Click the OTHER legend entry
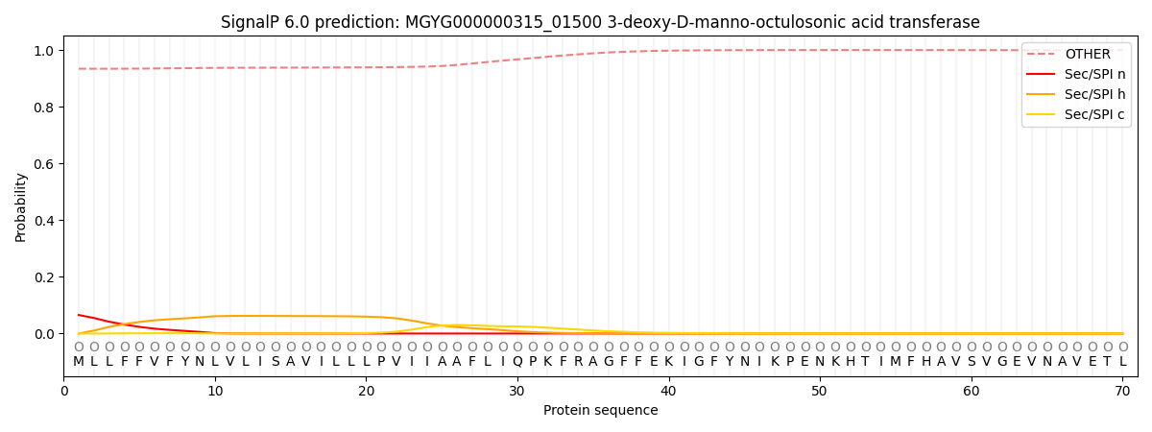[x=1076, y=54]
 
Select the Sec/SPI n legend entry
[x=1076, y=74]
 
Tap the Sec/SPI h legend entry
[x=1076, y=94]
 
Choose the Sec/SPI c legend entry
[x=1076, y=114]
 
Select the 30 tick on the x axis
[x=517, y=392]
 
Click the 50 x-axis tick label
[x=820, y=392]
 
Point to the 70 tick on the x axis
[x=1122, y=392]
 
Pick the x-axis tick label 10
[x=215, y=392]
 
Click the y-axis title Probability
[x=20, y=207]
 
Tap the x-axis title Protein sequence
[x=601, y=411]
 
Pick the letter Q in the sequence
[x=517, y=362]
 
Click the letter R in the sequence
[x=579, y=362]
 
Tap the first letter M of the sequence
[x=79, y=362]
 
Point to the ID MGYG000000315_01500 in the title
[x=503, y=23]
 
